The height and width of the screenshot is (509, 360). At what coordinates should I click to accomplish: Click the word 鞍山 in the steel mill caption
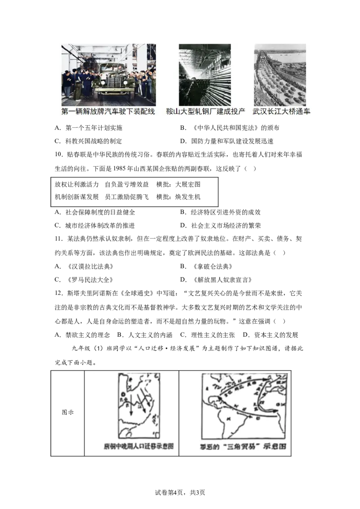coord(173,112)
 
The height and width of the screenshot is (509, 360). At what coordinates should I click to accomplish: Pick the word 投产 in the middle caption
coord(238,112)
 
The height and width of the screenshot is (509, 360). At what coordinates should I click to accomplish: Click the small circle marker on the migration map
coord(123,395)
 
